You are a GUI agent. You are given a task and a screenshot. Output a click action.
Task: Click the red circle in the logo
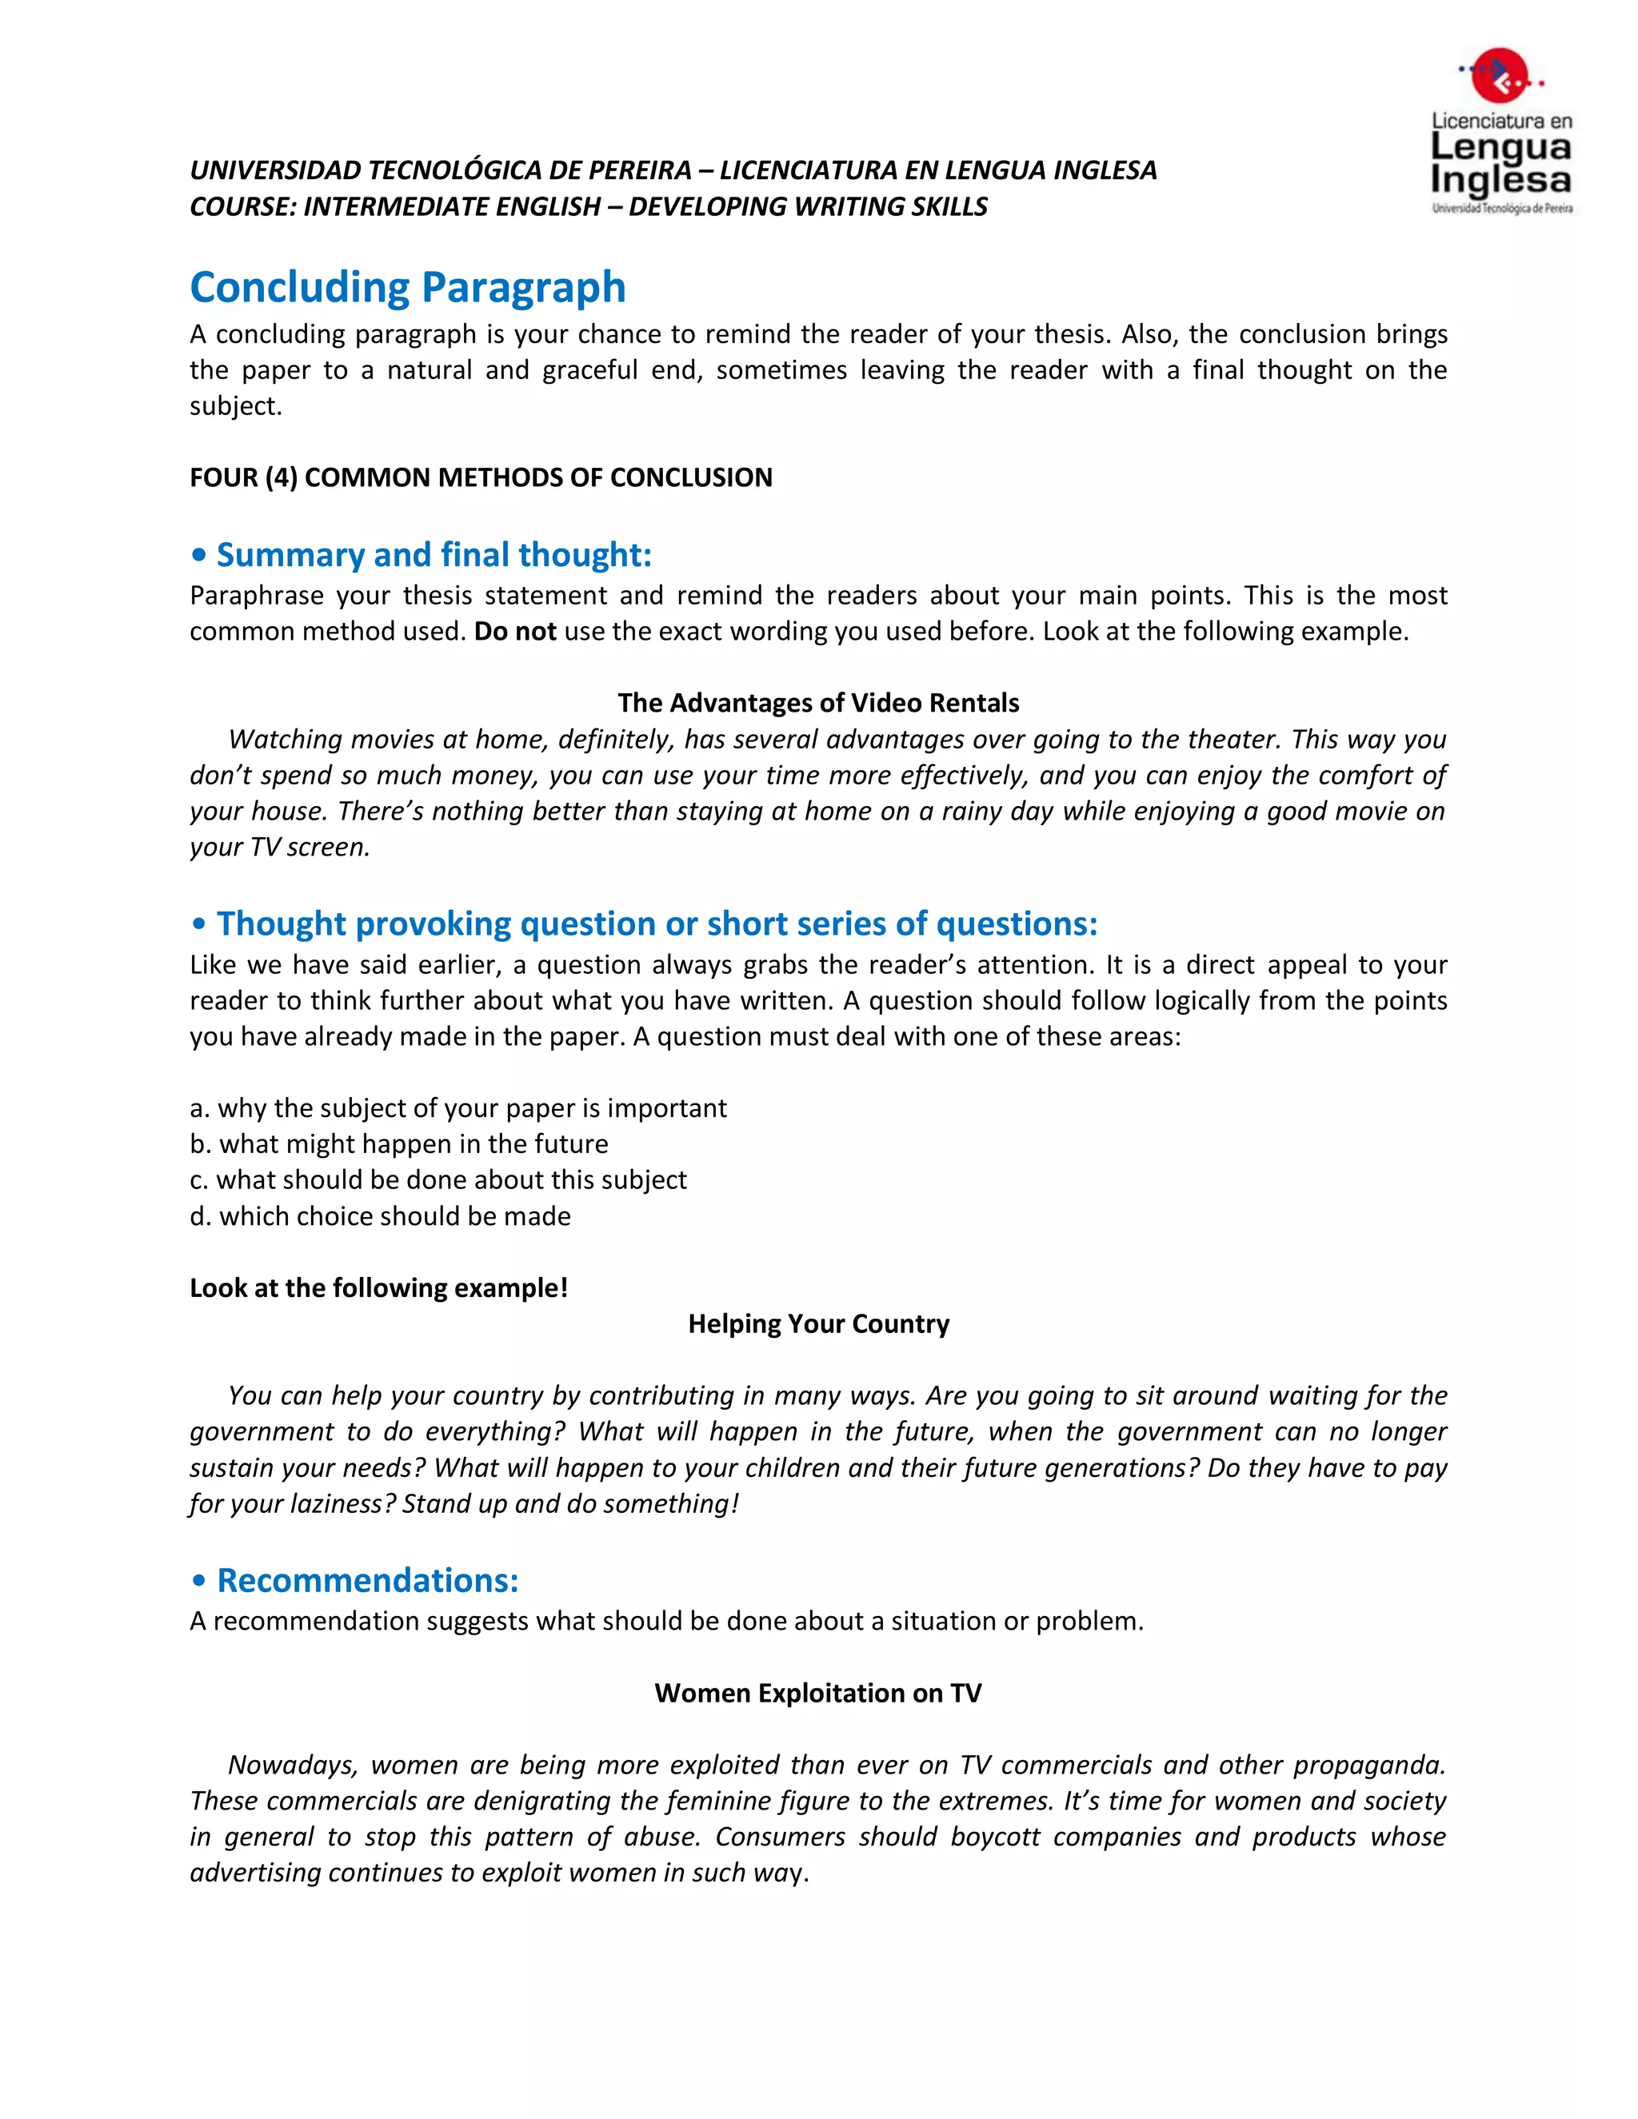click(1500, 74)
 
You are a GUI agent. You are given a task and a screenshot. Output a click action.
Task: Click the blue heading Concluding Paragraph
click(408, 287)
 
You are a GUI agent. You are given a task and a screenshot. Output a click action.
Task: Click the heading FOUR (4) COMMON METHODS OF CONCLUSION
click(481, 477)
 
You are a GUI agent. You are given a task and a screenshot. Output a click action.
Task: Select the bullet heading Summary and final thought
click(433, 555)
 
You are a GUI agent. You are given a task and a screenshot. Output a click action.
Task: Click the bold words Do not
click(514, 632)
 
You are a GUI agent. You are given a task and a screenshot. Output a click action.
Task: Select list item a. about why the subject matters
click(458, 1108)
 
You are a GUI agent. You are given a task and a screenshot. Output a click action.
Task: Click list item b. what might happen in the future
click(399, 1144)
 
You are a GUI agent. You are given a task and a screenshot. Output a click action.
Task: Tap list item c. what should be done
click(437, 1179)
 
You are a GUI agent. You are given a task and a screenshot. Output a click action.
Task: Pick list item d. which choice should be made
click(381, 1215)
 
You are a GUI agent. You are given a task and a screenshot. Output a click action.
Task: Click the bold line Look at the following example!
click(378, 1287)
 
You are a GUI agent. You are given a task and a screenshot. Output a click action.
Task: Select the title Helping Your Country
click(818, 1323)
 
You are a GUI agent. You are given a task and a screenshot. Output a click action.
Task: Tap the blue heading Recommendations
click(367, 1581)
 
